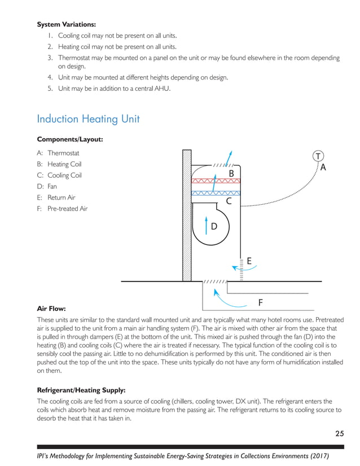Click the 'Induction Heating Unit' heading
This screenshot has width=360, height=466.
(x=88, y=119)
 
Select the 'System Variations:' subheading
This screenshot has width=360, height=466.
(x=66, y=24)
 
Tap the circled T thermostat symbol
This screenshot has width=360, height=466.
(x=319, y=156)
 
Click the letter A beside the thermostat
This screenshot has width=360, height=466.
(x=323, y=167)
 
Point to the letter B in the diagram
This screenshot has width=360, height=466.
(x=231, y=173)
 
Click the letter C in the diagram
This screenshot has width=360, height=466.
(x=229, y=200)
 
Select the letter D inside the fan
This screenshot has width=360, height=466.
(x=214, y=227)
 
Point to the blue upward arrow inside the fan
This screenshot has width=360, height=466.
(x=207, y=224)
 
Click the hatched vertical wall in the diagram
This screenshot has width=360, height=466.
(x=187, y=214)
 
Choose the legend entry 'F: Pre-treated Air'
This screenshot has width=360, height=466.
(x=62, y=209)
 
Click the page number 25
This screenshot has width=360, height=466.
(x=339, y=433)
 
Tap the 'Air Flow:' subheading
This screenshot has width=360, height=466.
(x=51, y=309)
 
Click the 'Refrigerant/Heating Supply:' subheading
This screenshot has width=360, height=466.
(x=81, y=390)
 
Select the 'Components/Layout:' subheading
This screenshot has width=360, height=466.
(x=69, y=139)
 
